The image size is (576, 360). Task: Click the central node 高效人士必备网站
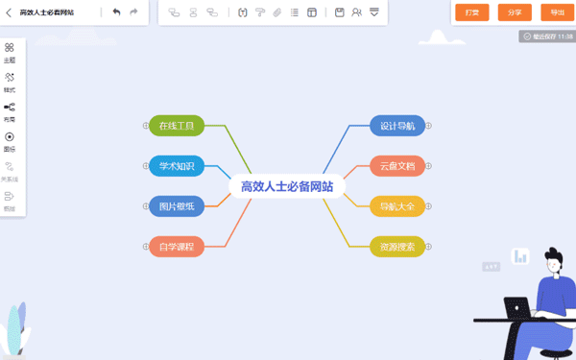coord(287,186)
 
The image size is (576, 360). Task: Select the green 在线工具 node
coord(177,126)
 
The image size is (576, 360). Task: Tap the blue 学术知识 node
coord(177,166)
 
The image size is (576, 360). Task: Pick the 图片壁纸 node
coord(177,206)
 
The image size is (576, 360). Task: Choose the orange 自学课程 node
coord(177,247)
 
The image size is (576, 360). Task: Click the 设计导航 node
coord(397,126)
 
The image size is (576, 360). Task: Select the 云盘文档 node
coord(397,166)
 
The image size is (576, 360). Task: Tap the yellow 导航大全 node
coord(397,206)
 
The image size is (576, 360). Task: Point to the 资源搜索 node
coord(397,247)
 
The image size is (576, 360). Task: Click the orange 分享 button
coord(515,12)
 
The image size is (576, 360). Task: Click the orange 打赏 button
coord(471,12)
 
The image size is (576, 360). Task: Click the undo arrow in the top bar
coord(116,12)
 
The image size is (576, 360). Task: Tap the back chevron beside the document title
coord(9,12)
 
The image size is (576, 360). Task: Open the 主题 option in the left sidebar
coord(10,52)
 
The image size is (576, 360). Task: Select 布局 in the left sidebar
coord(10,111)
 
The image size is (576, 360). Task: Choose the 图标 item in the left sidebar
coord(10,141)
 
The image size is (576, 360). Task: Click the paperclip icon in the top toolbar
coord(277,12)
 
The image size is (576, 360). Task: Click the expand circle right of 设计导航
coord(429,126)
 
